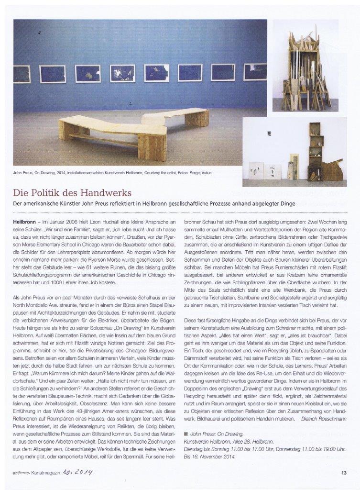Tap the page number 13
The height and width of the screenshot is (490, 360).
pyautogui.click(x=343, y=474)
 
